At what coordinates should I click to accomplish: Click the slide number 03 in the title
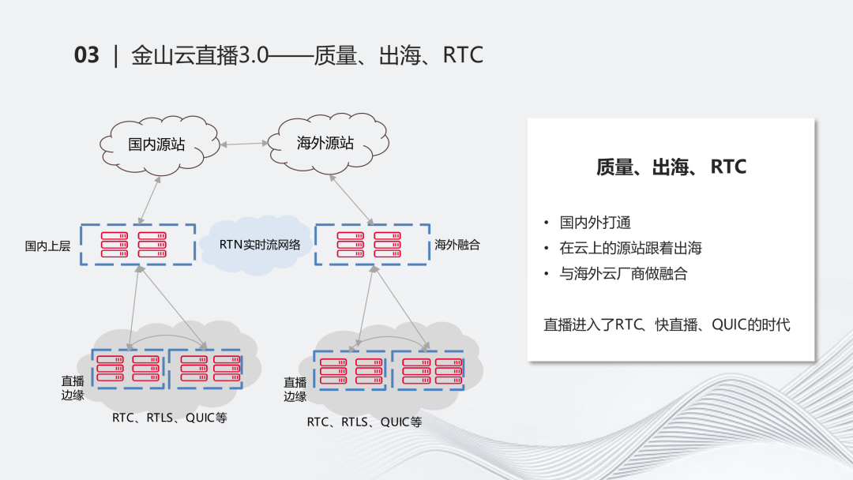86,55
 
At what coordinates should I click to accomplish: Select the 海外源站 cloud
325,143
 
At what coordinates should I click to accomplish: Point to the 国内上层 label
47,246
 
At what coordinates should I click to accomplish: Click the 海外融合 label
457,245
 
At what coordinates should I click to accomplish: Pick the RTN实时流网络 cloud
260,245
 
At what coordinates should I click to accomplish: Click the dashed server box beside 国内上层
138,244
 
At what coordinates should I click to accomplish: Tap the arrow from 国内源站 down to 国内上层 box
149,199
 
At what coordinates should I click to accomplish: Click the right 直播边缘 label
295,389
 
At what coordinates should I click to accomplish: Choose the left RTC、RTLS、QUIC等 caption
169,418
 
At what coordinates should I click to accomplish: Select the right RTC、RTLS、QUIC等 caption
364,422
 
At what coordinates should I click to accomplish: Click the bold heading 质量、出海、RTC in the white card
671,167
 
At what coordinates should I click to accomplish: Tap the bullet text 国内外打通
595,223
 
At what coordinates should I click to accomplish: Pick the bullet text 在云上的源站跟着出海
630,248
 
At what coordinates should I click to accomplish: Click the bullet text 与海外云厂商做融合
623,274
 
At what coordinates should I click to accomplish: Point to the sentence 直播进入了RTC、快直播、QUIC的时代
667,324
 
